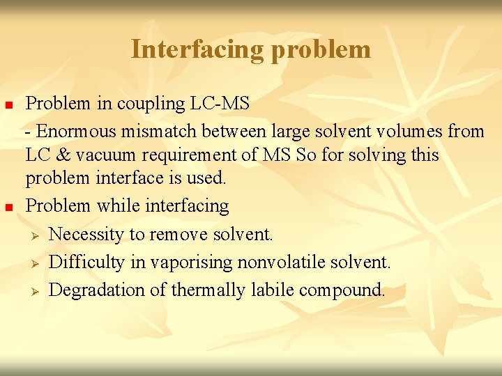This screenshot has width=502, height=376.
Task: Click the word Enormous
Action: (77, 130)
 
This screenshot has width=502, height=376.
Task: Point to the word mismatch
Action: (160, 130)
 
